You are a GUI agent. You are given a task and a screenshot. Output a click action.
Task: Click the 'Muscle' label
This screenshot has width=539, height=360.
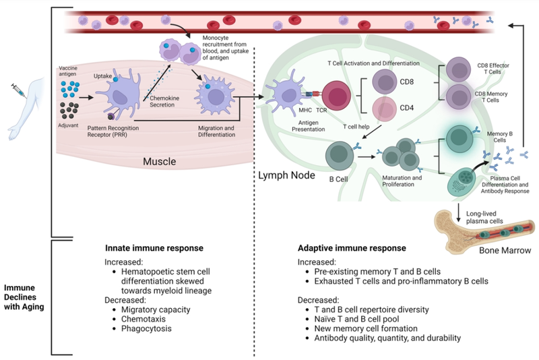click(160, 162)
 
